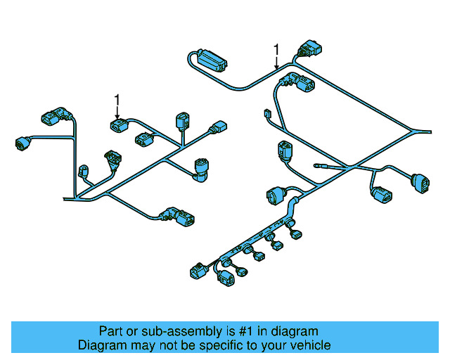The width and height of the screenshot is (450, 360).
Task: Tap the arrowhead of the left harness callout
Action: point(117,118)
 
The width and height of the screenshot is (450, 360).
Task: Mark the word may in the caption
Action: point(146,345)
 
